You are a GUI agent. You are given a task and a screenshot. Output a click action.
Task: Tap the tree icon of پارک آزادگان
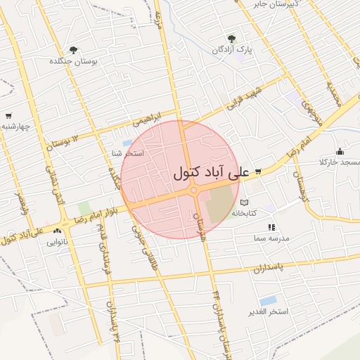click(x=231, y=39)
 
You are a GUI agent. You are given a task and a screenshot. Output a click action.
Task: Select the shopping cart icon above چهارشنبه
click(x=8, y=116)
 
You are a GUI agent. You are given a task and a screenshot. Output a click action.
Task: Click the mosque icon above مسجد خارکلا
click(x=340, y=151)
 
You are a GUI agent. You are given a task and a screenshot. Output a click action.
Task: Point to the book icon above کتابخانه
click(x=244, y=202)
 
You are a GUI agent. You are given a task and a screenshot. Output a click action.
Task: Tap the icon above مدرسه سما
click(x=271, y=227)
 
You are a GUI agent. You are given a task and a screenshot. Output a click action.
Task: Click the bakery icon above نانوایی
click(x=65, y=231)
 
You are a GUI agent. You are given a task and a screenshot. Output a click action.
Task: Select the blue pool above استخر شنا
click(x=127, y=143)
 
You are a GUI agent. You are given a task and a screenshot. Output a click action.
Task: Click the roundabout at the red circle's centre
click(x=192, y=190)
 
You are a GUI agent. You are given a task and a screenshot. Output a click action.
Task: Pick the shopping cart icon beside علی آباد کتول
click(x=258, y=172)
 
